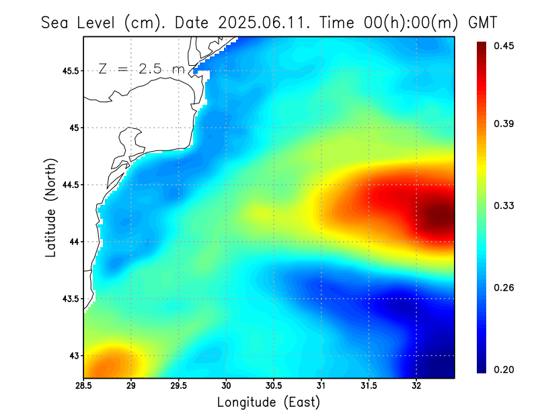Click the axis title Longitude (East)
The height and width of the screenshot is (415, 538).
point(268,402)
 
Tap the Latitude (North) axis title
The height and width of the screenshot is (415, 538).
point(50,207)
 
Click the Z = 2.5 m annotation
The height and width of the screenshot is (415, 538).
point(141,68)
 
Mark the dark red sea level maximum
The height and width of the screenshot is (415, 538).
point(438,216)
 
